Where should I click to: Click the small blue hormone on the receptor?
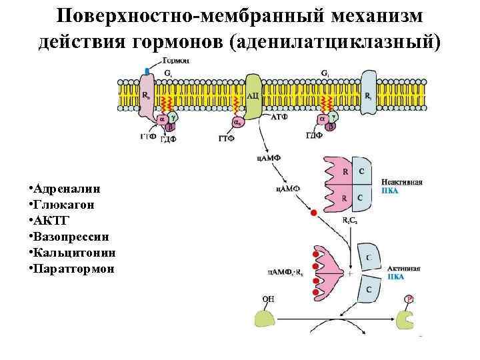tap(147, 70)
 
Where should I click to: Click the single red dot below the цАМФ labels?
tap(314, 213)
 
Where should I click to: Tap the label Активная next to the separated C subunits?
tap(404, 269)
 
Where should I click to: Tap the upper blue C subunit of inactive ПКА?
tap(361, 172)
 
